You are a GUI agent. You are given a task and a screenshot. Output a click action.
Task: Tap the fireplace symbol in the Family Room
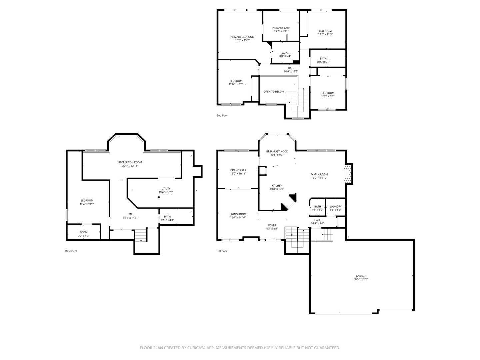[x=348, y=174]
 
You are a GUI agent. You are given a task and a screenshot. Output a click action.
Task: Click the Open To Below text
[x=274, y=92]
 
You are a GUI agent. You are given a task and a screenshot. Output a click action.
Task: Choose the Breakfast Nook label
[x=277, y=151]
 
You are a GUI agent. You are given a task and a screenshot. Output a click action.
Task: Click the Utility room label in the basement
[x=166, y=189]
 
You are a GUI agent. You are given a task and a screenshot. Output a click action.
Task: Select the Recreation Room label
[x=130, y=162]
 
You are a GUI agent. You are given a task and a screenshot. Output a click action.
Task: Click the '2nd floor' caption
[x=222, y=116]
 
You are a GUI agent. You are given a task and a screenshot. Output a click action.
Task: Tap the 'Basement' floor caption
[x=71, y=251]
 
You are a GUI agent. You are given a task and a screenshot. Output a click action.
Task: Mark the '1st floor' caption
[x=222, y=251]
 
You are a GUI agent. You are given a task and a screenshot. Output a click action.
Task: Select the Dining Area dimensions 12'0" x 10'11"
[x=238, y=174]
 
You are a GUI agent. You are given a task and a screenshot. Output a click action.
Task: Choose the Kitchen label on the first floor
[x=277, y=186]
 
